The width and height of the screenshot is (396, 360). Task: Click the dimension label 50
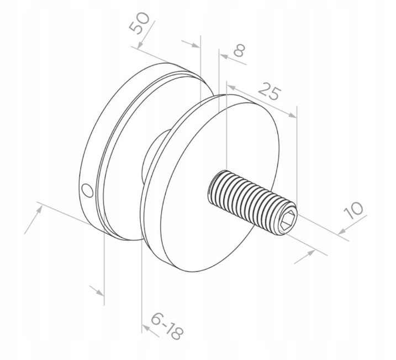139,23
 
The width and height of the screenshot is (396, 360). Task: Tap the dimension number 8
239,50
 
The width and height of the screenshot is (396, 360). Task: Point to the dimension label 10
353,210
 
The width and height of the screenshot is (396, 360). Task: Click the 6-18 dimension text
167,326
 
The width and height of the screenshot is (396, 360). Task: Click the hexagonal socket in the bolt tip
289,220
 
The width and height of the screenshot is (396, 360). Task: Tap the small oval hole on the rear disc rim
87,190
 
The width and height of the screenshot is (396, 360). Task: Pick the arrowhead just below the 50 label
140,45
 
